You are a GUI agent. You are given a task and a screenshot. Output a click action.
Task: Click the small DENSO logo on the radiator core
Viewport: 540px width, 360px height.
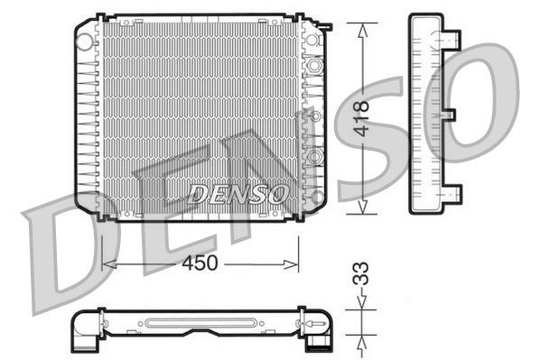click(238, 192)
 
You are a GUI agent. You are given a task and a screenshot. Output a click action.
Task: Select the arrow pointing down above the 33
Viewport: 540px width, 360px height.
click(363, 306)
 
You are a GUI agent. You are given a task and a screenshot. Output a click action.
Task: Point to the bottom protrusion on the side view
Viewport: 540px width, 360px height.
click(452, 192)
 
